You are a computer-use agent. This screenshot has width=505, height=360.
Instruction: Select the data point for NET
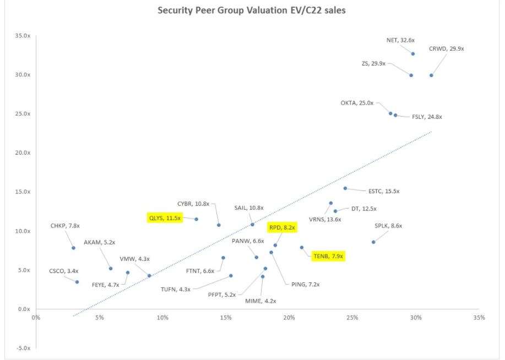412,53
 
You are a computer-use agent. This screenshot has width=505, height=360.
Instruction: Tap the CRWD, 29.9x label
449,49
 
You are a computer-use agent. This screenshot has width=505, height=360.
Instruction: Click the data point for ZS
411,75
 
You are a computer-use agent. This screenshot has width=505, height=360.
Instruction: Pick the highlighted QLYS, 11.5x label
165,218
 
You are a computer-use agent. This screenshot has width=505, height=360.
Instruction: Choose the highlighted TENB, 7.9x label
328,256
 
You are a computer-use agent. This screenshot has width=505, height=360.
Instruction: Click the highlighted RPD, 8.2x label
283,227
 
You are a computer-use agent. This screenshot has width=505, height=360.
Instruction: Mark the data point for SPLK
373,242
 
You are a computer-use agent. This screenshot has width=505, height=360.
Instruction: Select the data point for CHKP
73,248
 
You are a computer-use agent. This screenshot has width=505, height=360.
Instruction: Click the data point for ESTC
345,188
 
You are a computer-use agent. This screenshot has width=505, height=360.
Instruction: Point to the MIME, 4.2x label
260,301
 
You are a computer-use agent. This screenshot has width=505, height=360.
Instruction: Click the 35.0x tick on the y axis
22,36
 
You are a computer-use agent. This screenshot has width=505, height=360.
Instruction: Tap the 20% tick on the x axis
289,318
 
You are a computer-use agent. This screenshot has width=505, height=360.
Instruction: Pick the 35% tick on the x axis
479,318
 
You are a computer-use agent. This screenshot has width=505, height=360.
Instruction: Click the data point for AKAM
111,269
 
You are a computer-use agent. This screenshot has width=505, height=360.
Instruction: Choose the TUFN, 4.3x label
176,290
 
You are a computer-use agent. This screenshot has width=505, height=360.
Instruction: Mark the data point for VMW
149,276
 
